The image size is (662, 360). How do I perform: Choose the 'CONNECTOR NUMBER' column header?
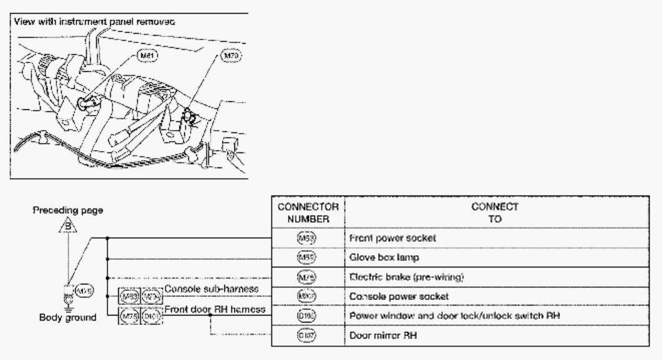[308, 211]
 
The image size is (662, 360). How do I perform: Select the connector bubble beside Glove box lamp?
[308, 256]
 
